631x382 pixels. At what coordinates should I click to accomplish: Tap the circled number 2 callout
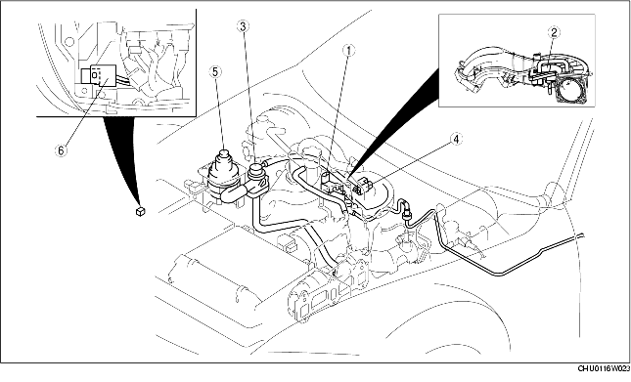554,32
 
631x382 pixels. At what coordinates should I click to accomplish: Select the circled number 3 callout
242,26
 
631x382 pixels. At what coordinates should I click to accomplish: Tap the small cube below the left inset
143,208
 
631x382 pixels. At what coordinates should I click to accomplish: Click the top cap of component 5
224,152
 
